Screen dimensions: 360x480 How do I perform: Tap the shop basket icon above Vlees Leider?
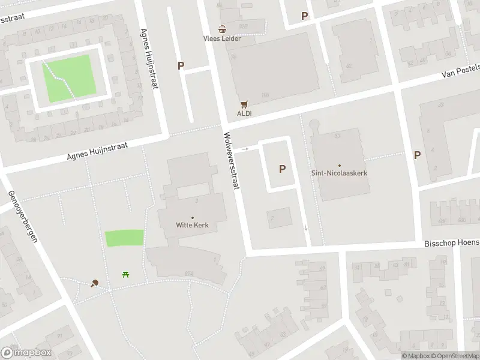tap(222, 29)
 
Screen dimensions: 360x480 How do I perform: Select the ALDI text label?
tap(244, 113)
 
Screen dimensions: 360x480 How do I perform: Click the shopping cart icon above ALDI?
tap(244, 104)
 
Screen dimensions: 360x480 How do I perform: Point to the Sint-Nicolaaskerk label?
tap(339, 173)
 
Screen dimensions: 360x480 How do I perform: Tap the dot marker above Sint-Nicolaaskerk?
tap(339, 165)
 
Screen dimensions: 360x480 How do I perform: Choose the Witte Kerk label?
tap(192, 226)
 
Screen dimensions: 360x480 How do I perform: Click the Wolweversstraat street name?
tap(232, 161)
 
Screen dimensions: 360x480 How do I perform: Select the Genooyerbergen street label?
tap(23, 216)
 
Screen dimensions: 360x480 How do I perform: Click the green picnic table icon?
tap(126, 275)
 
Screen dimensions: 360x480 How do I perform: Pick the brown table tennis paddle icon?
tap(94, 283)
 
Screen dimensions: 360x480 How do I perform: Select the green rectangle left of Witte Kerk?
tap(125, 238)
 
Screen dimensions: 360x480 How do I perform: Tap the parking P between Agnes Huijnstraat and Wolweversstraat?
tap(181, 66)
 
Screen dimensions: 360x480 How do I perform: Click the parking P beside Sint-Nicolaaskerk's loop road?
tap(282, 169)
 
